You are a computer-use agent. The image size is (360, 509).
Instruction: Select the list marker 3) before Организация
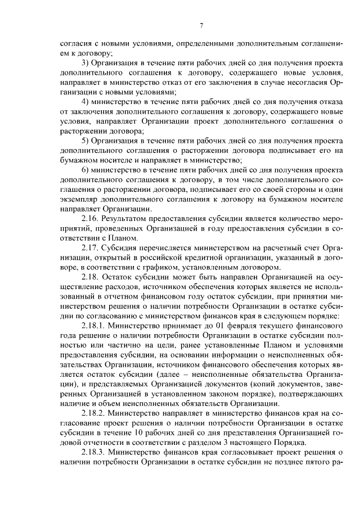(85, 62)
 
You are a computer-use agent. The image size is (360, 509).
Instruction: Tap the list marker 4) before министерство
(85, 101)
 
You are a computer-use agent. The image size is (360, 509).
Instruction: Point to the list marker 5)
(85, 141)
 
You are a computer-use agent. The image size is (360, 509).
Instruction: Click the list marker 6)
(85, 170)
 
